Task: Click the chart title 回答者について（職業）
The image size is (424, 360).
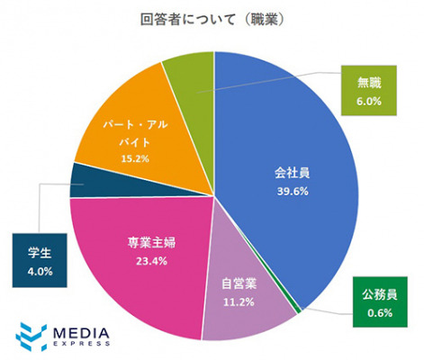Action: [x=212, y=20]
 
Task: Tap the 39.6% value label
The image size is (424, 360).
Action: [x=293, y=191]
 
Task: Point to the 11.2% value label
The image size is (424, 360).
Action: [x=239, y=301]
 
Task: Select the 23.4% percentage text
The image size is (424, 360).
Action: [x=151, y=261]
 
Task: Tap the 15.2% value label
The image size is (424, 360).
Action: [x=135, y=158]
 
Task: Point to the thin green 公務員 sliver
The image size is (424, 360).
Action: [x=298, y=310]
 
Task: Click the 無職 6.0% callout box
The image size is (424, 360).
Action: [x=369, y=91]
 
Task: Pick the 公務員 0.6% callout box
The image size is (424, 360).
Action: [x=380, y=302]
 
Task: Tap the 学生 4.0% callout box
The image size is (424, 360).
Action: [x=40, y=260]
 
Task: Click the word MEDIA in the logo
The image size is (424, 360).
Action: [x=81, y=333]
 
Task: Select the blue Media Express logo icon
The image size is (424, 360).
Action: [x=32, y=337]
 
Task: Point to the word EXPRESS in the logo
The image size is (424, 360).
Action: [x=81, y=344]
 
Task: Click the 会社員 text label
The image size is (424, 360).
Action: [x=293, y=173]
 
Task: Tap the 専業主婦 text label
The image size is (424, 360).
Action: [x=151, y=243]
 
